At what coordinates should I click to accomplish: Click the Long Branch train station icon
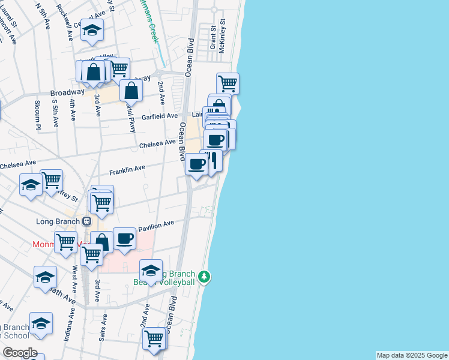click(86, 221)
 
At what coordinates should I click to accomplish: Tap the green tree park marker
click(205, 277)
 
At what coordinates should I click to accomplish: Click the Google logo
click(20, 353)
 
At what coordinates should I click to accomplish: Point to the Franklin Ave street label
click(127, 169)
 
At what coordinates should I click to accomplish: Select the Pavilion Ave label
click(156, 226)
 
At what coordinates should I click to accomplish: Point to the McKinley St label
click(222, 35)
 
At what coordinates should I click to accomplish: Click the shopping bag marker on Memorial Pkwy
click(131, 91)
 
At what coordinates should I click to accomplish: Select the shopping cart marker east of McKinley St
click(228, 83)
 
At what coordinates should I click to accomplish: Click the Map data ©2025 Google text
click(412, 355)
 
